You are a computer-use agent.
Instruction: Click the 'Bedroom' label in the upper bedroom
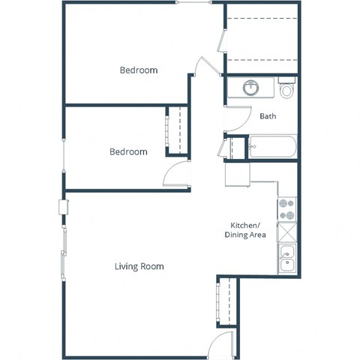(x=139, y=70)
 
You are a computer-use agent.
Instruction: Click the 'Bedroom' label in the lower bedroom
(x=128, y=151)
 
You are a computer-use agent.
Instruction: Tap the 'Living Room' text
(x=139, y=266)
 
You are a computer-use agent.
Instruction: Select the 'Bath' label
(x=268, y=116)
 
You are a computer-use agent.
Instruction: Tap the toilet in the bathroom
(x=286, y=89)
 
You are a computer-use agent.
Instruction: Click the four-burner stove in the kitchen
(x=286, y=208)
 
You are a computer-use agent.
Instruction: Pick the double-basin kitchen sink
(x=286, y=258)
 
